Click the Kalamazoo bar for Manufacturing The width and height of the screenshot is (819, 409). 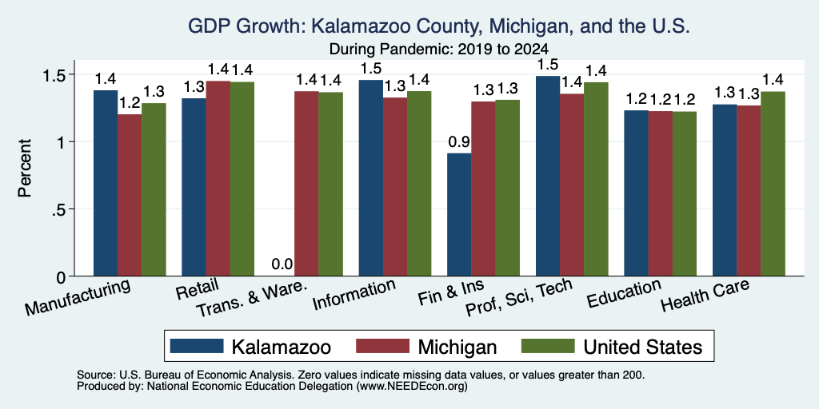click(x=106, y=183)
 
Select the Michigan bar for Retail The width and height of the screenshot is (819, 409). click(x=218, y=178)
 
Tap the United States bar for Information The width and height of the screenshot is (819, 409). click(x=419, y=184)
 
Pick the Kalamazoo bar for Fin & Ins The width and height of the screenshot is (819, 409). click(x=459, y=214)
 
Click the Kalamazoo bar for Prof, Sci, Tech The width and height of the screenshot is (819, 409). click(x=548, y=176)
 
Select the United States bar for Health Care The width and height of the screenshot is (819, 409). click(x=773, y=184)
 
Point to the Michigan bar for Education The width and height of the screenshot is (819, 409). click(x=661, y=193)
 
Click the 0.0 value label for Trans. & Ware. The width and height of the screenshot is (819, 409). click(x=282, y=264)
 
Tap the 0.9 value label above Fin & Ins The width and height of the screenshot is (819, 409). click(x=459, y=142)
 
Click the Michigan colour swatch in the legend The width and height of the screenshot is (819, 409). click(x=382, y=346)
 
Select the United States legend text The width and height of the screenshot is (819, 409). click(x=642, y=347)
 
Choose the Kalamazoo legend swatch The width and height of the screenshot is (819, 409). click(x=197, y=346)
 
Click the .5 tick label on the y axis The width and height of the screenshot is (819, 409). click(x=62, y=209)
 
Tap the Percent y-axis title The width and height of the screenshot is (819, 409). click(x=25, y=168)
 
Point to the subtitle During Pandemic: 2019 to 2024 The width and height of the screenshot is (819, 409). click(x=439, y=50)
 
